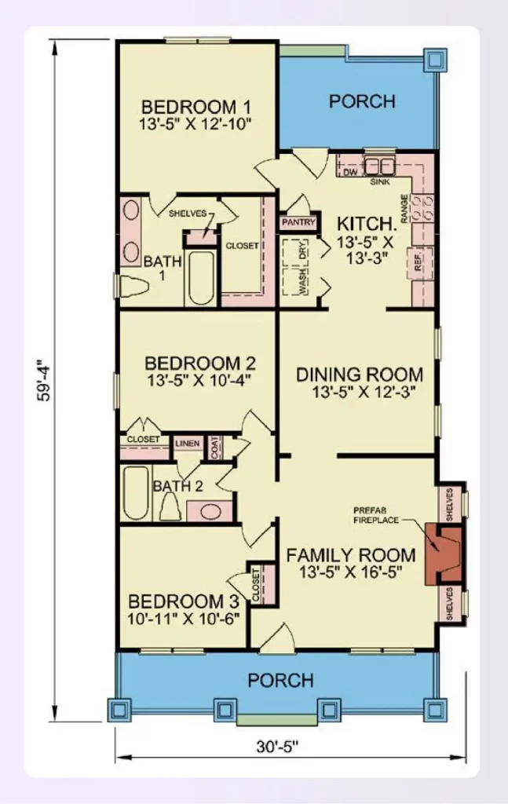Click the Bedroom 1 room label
(x=196, y=108)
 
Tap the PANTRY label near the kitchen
(x=298, y=222)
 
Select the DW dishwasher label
(x=350, y=172)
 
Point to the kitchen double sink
(x=378, y=166)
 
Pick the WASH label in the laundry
(x=304, y=281)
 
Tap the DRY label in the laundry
(x=304, y=250)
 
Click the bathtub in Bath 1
(x=201, y=277)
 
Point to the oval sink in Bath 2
(x=210, y=511)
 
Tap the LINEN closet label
(x=187, y=443)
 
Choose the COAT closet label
(x=214, y=447)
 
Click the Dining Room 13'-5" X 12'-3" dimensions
(x=364, y=393)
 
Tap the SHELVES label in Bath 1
(x=188, y=214)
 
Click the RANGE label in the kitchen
(x=404, y=209)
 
